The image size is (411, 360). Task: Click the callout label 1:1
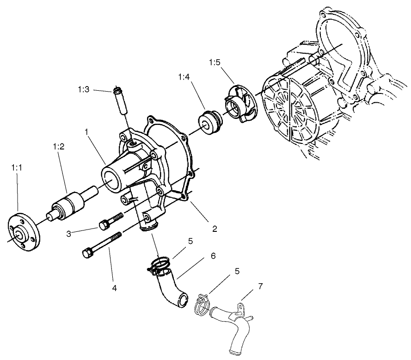[x=17, y=169]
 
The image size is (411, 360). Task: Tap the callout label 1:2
[x=58, y=147]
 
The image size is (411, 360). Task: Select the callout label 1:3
[x=84, y=90]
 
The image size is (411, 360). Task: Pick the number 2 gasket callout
[x=215, y=228]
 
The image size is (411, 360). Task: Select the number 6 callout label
[x=214, y=255]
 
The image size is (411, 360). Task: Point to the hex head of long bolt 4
[x=87, y=254]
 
